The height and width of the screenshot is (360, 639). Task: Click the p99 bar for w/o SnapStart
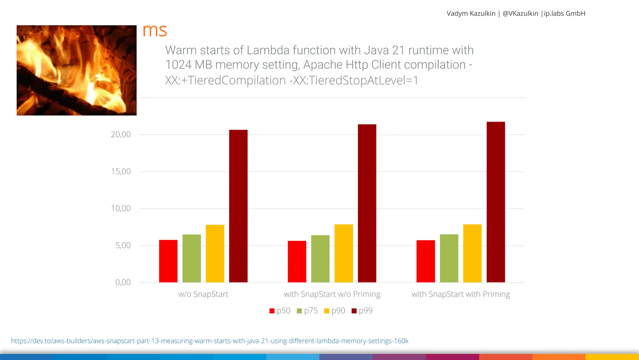pyautogui.click(x=238, y=206)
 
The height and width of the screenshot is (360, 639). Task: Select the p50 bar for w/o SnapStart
pyautogui.click(x=168, y=261)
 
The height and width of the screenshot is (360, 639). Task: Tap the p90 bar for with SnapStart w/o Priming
pyautogui.click(x=344, y=253)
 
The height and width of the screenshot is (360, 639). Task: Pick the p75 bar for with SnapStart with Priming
pyautogui.click(x=449, y=258)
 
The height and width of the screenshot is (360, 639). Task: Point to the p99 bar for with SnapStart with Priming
pyautogui.click(x=495, y=202)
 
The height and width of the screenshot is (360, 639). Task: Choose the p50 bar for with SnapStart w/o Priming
pyautogui.click(x=297, y=262)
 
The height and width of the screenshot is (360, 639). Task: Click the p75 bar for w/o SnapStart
pyautogui.click(x=192, y=258)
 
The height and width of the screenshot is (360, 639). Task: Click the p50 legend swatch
pyautogui.click(x=272, y=311)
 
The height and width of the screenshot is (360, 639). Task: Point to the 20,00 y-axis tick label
pyautogui.click(x=121, y=134)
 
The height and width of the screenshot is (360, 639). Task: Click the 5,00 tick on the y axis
pyautogui.click(x=123, y=245)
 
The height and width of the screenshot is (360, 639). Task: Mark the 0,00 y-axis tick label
pyautogui.click(x=123, y=282)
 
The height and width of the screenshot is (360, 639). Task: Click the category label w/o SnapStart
pyautogui.click(x=203, y=294)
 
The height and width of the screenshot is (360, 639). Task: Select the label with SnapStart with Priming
pyautogui.click(x=461, y=294)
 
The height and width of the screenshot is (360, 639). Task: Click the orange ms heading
pyautogui.click(x=155, y=30)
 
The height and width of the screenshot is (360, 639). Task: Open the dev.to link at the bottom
pyautogui.click(x=210, y=341)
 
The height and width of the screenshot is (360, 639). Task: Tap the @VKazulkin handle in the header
pyautogui.click(x=520, y=13)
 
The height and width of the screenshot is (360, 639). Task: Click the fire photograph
pyautogui.click(x=76, y=70)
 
